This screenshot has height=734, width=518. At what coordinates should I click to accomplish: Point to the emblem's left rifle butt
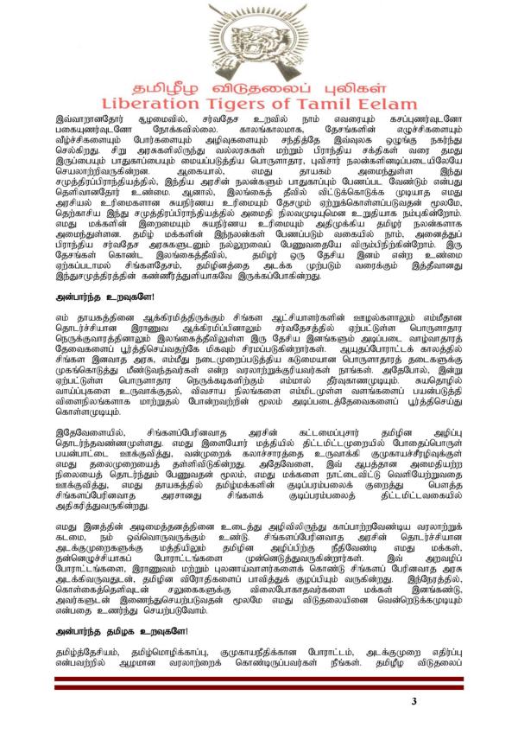coord(230,74)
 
